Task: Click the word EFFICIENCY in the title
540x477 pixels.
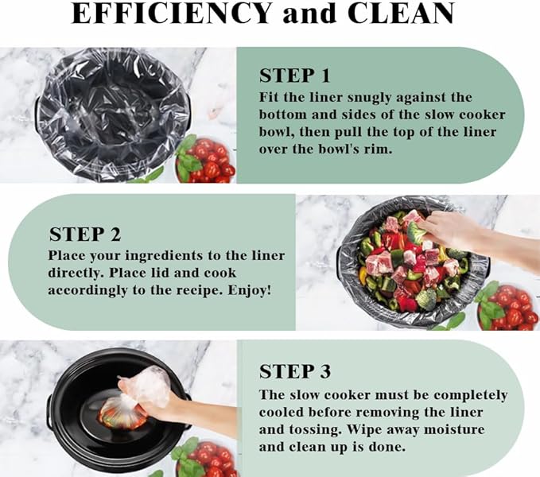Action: click(171, 14)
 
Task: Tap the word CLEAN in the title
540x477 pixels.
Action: click(401, 14)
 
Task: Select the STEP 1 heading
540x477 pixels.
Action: click(294, 76)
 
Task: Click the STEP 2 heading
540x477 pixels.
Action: click(85, 235)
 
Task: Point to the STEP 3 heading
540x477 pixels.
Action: click(295, 371)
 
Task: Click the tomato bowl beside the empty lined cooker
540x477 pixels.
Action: click(205, 160)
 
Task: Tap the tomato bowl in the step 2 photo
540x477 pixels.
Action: click(507, 306)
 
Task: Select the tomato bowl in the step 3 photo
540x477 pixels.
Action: click(205, 458)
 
